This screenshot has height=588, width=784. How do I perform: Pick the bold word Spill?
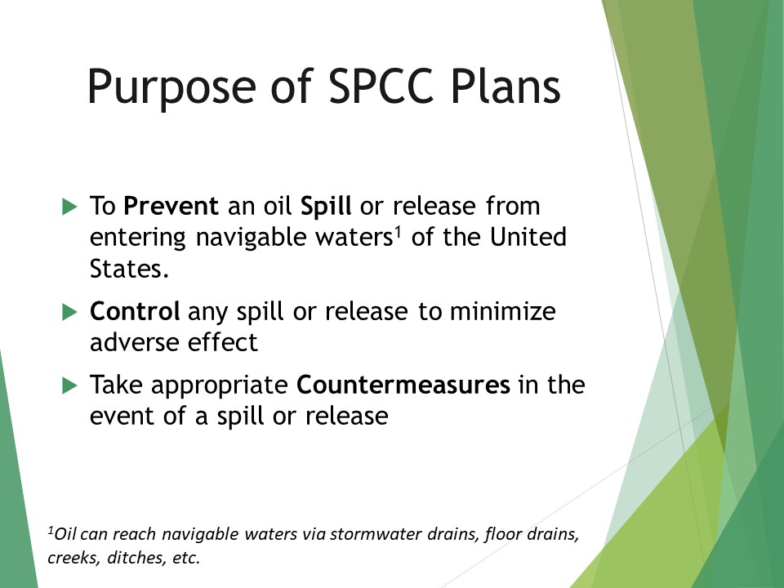point(326,207)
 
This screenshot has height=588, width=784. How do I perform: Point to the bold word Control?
point(136,312)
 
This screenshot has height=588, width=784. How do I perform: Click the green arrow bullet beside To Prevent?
point(69,207)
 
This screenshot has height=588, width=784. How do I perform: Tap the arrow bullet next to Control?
point(69,312)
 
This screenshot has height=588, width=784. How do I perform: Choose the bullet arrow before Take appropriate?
point(69,385)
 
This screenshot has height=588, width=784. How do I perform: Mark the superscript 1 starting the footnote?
point(51,531)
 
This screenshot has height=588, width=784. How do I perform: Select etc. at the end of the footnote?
point(185,559)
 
